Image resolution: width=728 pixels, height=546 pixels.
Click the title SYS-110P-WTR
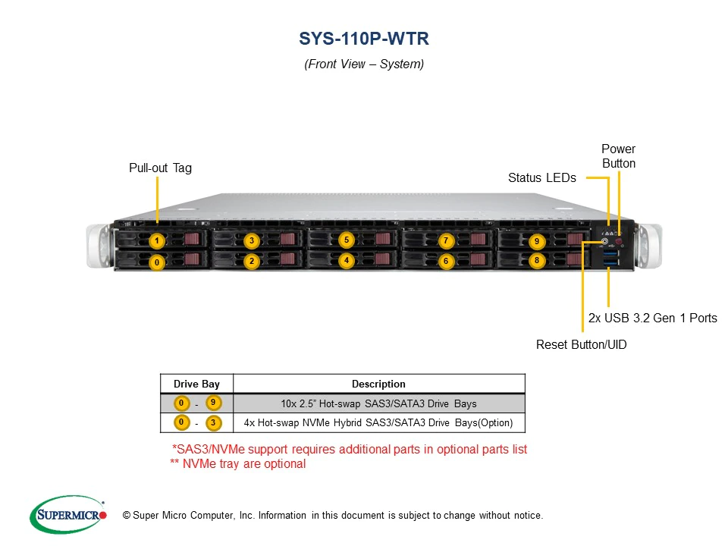pos(364,39)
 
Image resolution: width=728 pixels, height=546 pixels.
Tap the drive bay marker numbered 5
pos(346,240)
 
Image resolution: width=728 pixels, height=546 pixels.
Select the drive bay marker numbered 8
pos(537,260)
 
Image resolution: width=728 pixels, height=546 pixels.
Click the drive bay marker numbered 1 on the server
pos(156,242)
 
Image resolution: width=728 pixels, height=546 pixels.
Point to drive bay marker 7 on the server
pos(446,241)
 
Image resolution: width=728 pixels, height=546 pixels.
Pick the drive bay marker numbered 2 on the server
pos(252,261)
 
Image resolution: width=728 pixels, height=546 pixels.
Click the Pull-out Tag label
pos(160,168)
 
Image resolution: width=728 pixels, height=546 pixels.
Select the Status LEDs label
pos(541,178)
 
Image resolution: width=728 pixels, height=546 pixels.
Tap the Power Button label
pos(618,156)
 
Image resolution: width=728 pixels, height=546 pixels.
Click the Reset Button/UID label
pos(581,344)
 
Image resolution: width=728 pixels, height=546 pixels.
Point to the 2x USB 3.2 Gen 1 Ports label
pos(652,318)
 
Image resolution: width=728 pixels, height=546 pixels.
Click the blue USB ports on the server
pos(610,260)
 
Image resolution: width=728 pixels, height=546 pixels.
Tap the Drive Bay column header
pos(196,384)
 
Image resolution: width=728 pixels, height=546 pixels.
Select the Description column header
pos(378,384)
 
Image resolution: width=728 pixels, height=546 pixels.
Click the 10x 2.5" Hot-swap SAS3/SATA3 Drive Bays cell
pos(378,403)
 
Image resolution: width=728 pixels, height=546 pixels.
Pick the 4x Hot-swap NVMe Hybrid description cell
pos(378,422)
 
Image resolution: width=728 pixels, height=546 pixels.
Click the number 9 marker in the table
pos(213,403)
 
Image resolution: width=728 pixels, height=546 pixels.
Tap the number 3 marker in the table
pos(213,422)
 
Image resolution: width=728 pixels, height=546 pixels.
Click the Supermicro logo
pos(67,515)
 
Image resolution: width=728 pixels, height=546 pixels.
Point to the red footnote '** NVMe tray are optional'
pos(237,464)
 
